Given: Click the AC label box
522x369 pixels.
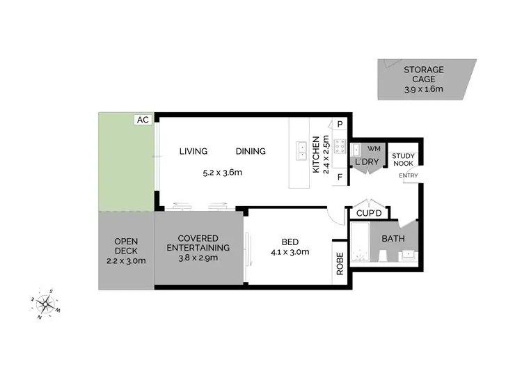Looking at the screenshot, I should click(143, 120).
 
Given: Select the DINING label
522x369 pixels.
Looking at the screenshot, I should click(251, 151).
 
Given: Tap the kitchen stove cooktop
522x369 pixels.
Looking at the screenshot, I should click(340, 146).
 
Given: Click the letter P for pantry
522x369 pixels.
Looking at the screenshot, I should click(340, 124).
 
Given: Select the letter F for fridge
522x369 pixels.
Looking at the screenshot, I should click(340, 177).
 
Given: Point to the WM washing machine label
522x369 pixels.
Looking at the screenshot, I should click(374, 148).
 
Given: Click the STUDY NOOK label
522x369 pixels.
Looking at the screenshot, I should click(404, 160).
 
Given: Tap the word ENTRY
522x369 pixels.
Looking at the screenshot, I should click(409, 175).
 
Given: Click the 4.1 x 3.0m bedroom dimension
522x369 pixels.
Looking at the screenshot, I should click(290, 252).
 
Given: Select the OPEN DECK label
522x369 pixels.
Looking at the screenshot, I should click(126, 251).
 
